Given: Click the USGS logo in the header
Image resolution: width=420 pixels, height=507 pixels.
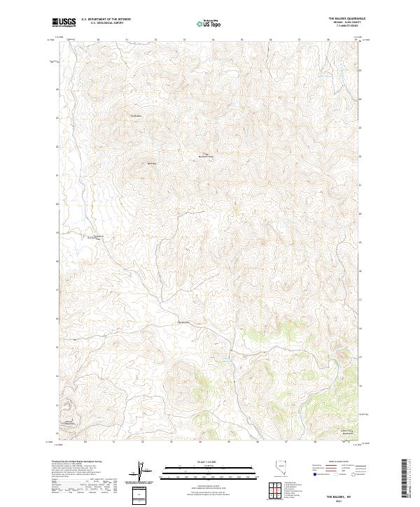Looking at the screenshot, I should tap(64, 22).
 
